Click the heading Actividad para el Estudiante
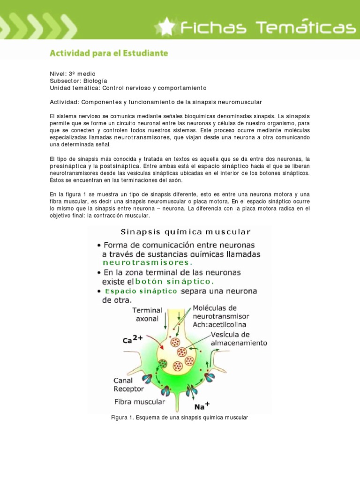(109, 53)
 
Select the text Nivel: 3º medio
(72, 74)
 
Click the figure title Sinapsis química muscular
(186, 232)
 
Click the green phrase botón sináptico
(174, 282)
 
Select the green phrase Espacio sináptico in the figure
(141, 291)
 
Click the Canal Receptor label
(129, 384)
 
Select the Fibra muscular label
(140, 402)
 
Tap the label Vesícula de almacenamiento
(239, 339)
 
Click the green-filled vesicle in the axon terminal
(163, 363)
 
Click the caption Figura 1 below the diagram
(179, 417)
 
